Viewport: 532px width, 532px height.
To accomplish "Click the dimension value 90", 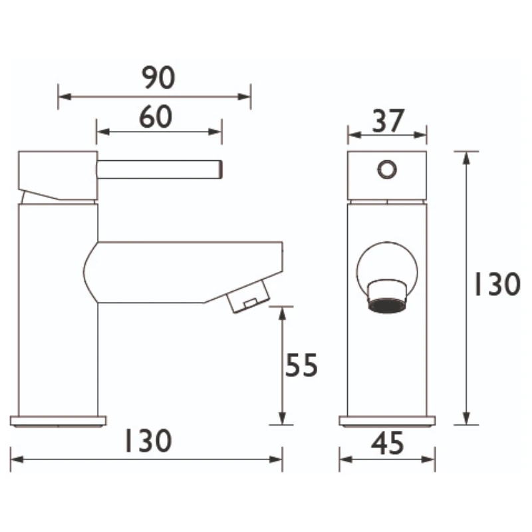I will click(x=158, y=78).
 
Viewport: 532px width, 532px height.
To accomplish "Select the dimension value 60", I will click(x=156, y=117).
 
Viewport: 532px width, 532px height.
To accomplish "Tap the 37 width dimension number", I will click(x=387, y=121).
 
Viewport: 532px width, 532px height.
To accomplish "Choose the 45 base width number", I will click(x=387, y=444).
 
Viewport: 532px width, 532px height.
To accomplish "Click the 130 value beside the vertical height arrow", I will click(x=496, y=285).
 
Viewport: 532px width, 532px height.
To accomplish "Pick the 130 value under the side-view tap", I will click(x=148, y=442).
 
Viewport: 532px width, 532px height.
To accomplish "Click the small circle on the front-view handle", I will click(x=386, y=170).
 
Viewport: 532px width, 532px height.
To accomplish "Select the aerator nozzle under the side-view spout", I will click(x=247, y=297).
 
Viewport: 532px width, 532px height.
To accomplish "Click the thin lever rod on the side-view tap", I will click(x=160, y=169).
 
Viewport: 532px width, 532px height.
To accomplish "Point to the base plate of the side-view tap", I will click(x=59, y=420).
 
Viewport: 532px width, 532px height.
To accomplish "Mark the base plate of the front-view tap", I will click(x=387, y=420).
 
